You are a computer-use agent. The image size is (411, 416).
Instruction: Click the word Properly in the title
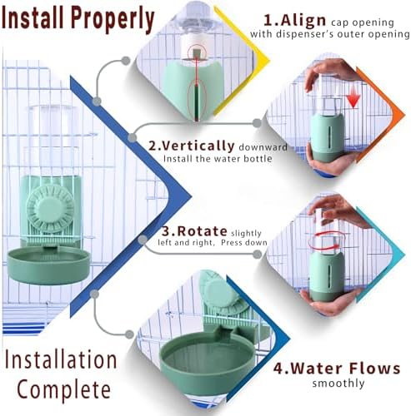(113, 19)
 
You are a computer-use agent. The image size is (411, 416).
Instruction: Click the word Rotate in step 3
(202, 230)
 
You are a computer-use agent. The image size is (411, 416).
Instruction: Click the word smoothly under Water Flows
(338, 384)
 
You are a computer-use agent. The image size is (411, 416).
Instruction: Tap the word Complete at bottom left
(64, 390)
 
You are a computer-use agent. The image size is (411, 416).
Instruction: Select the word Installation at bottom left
(61, 359)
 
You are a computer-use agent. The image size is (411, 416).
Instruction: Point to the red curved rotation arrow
(328, 241)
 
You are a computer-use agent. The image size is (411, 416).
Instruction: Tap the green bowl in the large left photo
(48, 265)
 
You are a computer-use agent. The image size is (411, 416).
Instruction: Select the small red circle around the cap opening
(197, 52)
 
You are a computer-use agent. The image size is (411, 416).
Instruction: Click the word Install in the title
(35, 17)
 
